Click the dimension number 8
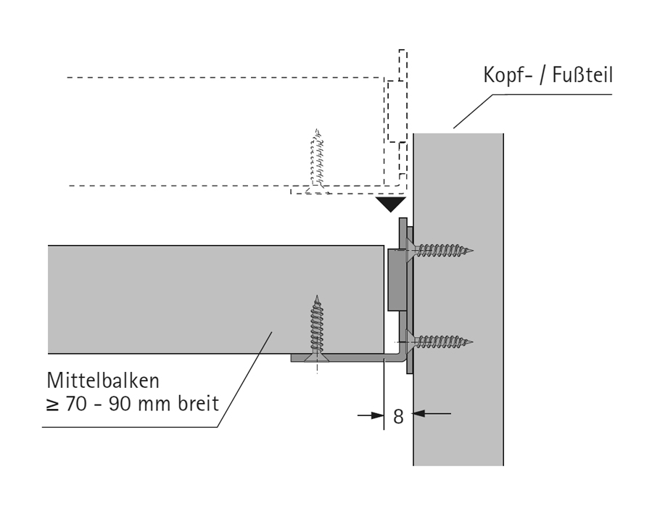[397, 418]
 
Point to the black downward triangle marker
[389, 204]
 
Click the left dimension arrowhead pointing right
[376, 415]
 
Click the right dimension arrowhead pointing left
[419, 415]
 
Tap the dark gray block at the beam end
[395, 278]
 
